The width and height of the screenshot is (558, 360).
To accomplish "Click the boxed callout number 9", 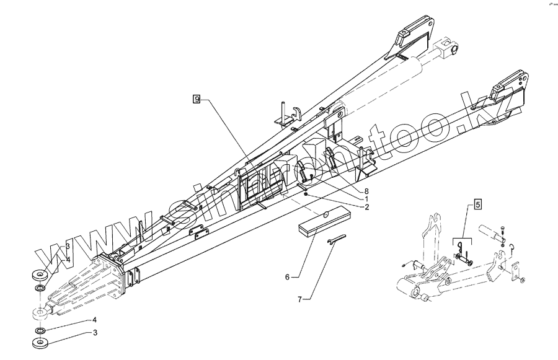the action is pos(197,99).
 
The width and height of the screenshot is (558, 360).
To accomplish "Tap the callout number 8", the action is pos(366,191).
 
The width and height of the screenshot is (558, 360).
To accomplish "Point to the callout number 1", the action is pos(366,199).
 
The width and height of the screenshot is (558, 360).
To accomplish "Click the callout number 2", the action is pos(366,207).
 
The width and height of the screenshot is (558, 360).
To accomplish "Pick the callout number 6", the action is pos(287,277).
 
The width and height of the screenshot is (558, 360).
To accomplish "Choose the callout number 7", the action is pos(299,299).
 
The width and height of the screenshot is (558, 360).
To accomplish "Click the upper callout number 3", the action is pos(67,246).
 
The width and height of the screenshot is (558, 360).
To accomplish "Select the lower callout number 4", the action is pos(95,320).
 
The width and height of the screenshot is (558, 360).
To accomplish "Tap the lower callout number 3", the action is pos(95,333).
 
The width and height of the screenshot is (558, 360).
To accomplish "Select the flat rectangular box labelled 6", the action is pos(323,222).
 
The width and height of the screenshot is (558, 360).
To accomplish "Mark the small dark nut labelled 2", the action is pos(306,194).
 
